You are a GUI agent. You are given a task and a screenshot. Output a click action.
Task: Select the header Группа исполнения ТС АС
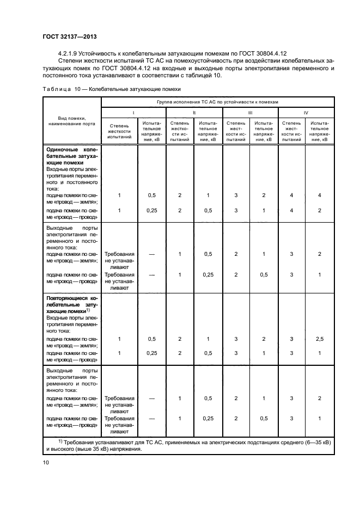[x=216, y=101]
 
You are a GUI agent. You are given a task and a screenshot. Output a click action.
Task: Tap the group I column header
[x=133, y=112]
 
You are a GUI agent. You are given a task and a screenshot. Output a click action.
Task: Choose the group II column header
[x=194, y=112]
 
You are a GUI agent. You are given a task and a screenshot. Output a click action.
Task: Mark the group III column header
[x=250, y=112]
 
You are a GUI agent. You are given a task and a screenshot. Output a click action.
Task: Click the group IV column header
[x=306, y=112]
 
